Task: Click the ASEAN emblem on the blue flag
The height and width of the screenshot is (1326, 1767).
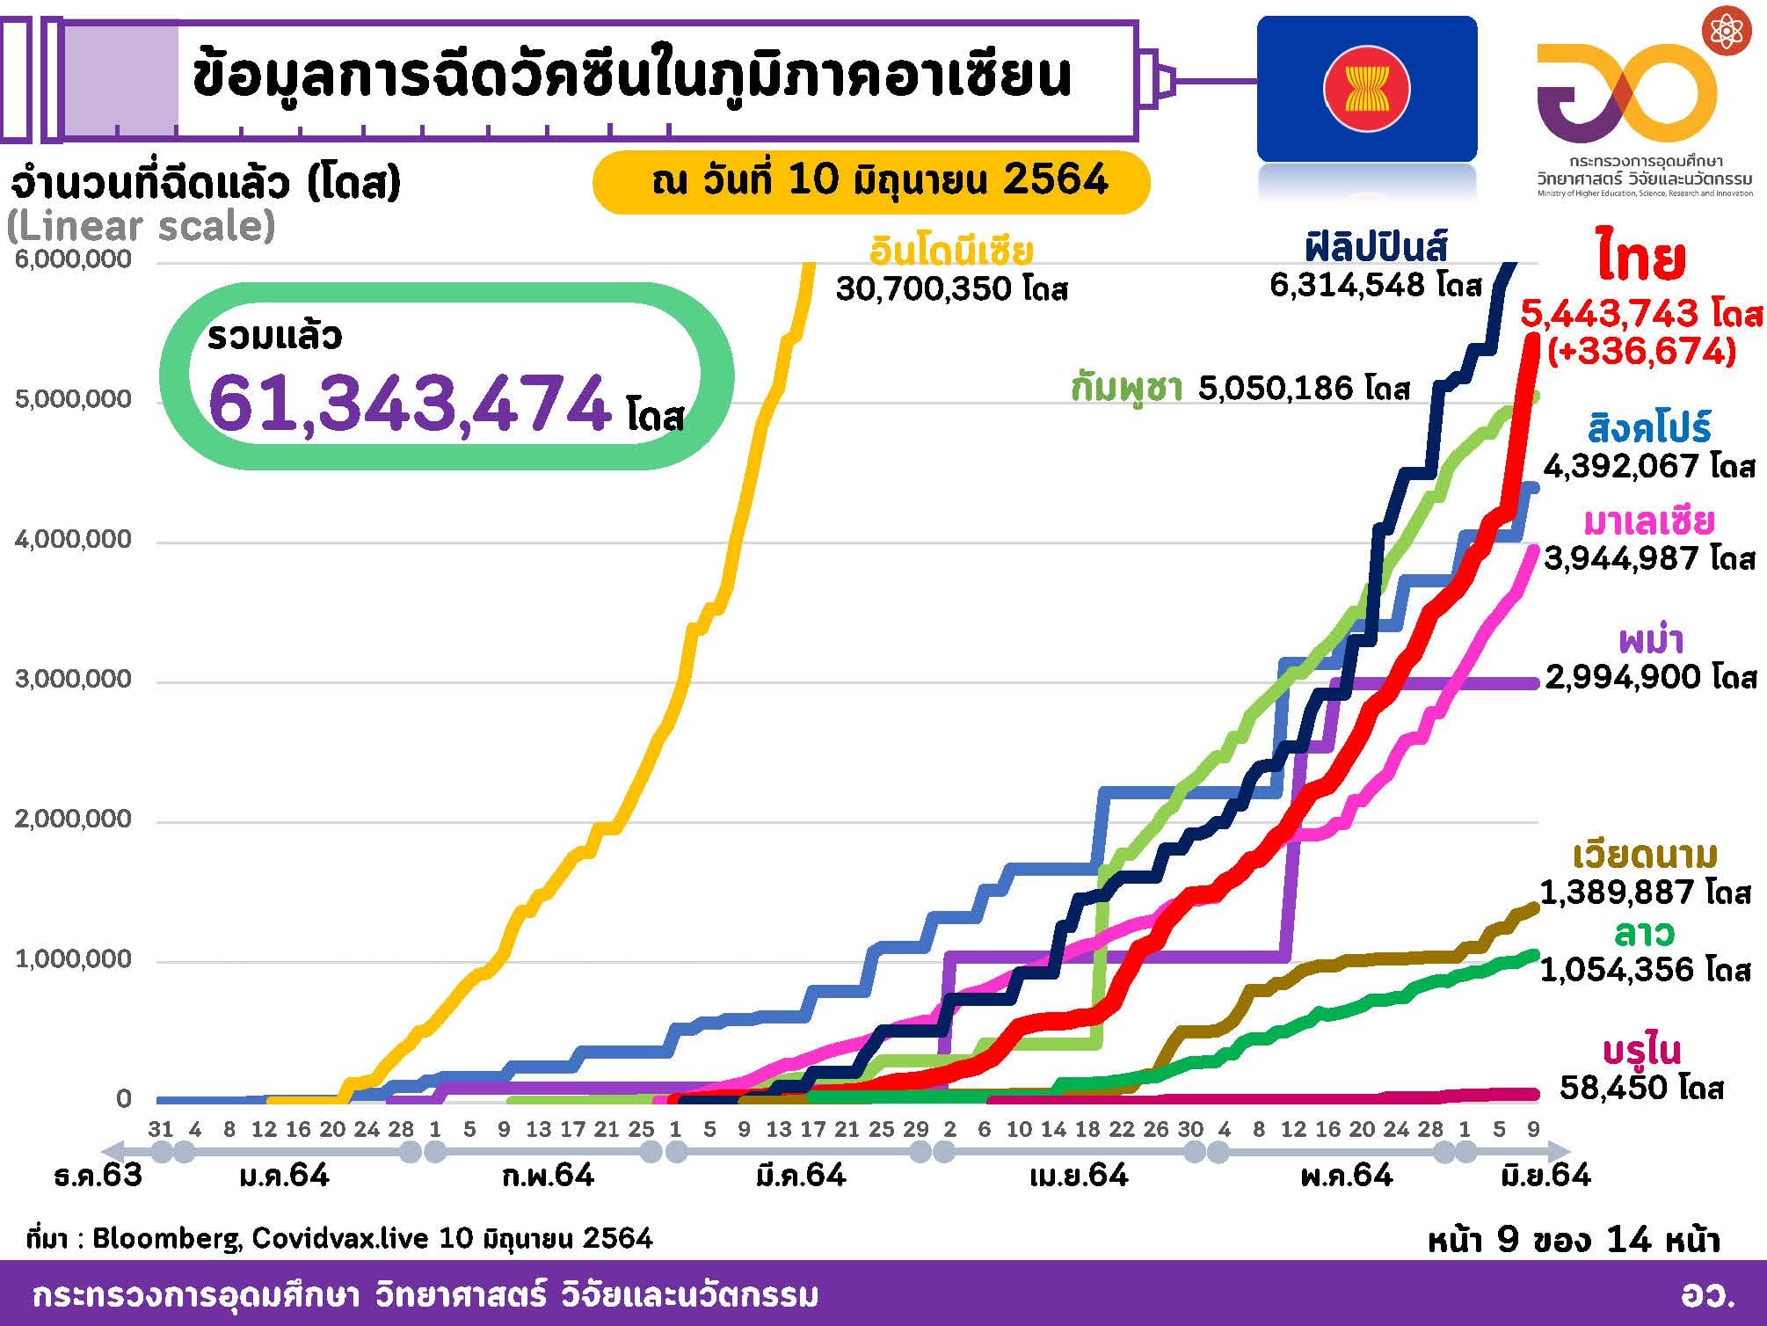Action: click(x=1366, y=88)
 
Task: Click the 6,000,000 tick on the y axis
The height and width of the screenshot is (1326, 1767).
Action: click(x=73, y=259)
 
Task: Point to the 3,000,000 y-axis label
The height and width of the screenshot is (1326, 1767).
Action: click(x=73, y=680)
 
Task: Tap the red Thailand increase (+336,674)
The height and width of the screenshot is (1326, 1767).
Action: click(x=1641, y=352)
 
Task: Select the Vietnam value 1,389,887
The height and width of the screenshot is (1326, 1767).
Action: click(x=1617, y=892)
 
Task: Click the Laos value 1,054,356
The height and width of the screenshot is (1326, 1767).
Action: click(x=1617, y=969)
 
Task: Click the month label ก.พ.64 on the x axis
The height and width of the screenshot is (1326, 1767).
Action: click(x=548, y=1175)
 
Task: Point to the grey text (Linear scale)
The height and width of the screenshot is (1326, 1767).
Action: click(x=141, y=226)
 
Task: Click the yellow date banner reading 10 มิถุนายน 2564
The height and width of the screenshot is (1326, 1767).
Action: click(x=870, y=181)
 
